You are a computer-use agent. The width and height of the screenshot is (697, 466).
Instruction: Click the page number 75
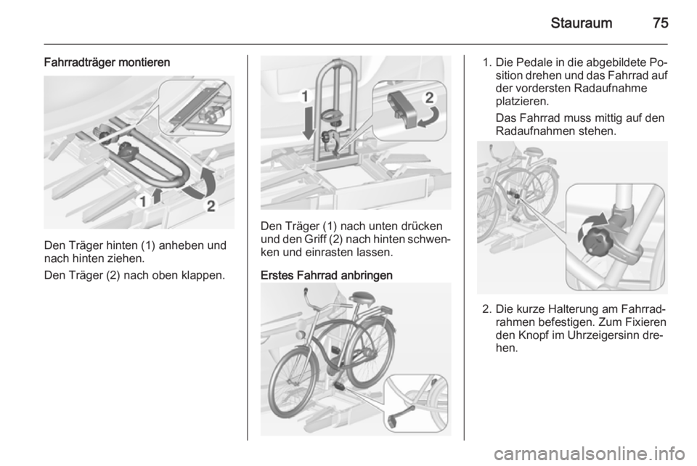point(661,23)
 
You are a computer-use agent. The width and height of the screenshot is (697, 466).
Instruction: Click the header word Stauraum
point(581,23)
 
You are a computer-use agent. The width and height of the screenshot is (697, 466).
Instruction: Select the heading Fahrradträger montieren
point(107,62)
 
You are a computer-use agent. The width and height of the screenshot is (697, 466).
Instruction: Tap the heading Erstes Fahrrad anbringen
point(327,275)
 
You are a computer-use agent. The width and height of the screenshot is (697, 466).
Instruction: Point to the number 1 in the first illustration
point(143,202)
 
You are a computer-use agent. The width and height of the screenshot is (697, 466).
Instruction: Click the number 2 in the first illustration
point(211,206)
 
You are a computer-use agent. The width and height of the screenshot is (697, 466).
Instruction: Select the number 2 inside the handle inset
point(429,98)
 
